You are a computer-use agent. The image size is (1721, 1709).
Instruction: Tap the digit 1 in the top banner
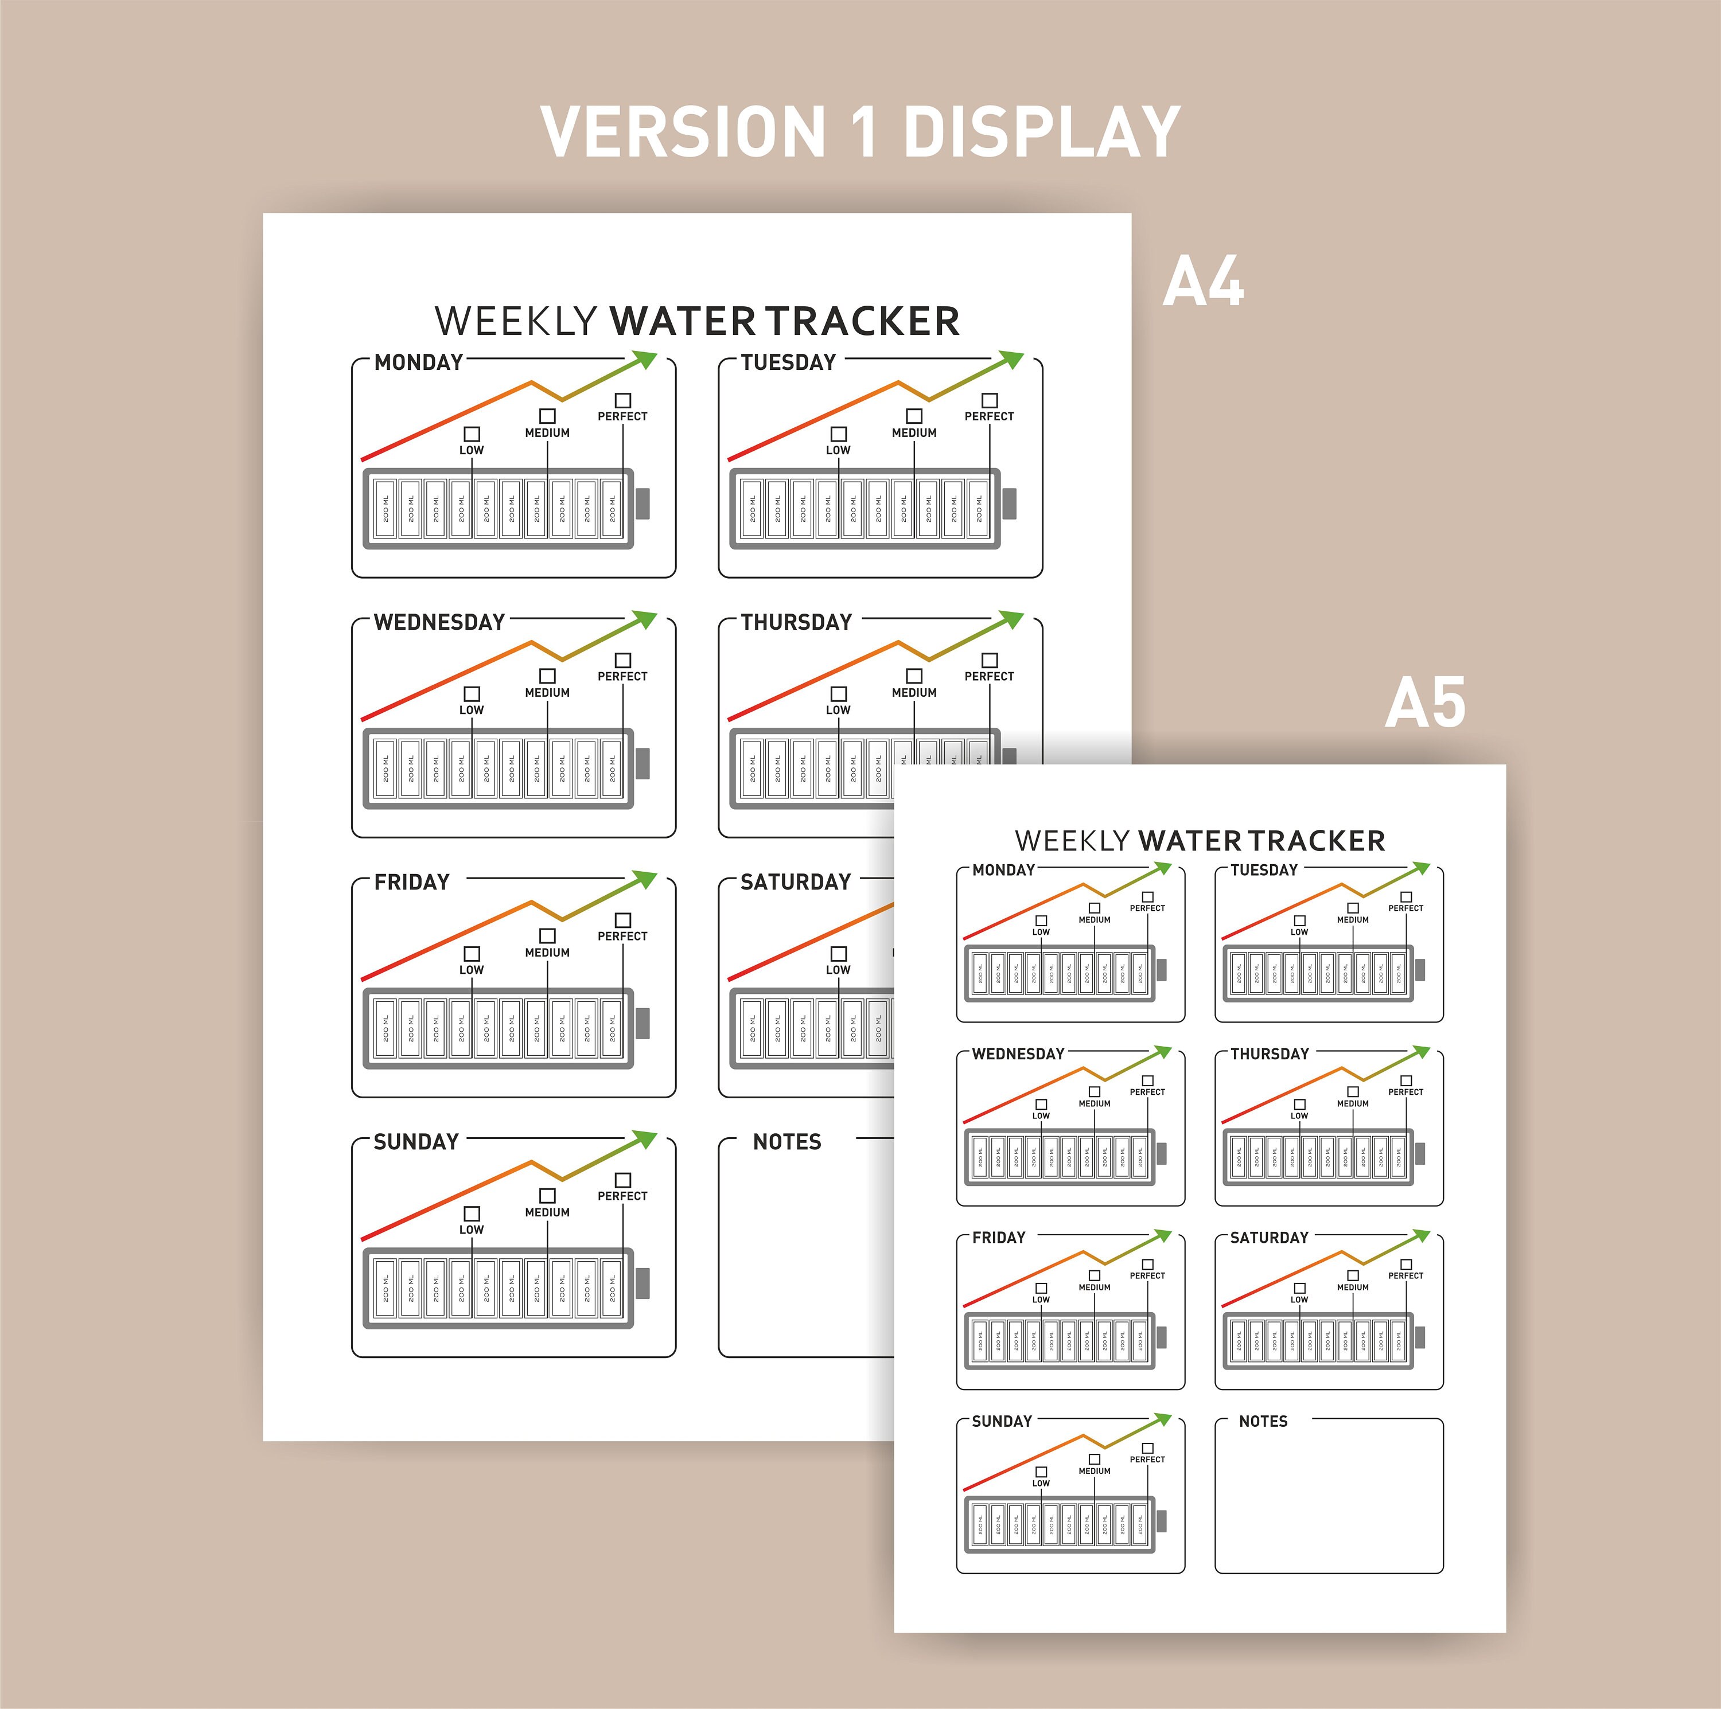[x=864, y=132]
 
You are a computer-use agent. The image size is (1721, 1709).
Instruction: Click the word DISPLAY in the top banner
[x=1042, y=132]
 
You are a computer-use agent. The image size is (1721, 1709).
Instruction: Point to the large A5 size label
[x=1424, y=703]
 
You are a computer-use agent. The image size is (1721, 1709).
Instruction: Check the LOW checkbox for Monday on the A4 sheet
[x=472, y=434]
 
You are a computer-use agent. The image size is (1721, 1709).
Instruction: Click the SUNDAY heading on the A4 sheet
[x=416, y=1142]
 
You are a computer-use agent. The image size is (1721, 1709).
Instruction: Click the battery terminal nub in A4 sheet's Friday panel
[x=643, y=1023]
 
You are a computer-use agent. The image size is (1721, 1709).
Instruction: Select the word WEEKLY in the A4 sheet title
[x=516, y=322]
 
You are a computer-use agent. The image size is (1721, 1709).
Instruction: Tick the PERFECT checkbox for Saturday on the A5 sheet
[x=1407, y=1265]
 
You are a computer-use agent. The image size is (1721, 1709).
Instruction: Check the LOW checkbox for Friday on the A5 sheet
[x=1041, y=1287]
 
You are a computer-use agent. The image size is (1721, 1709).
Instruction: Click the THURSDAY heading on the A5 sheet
[x=1270, y=1054]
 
